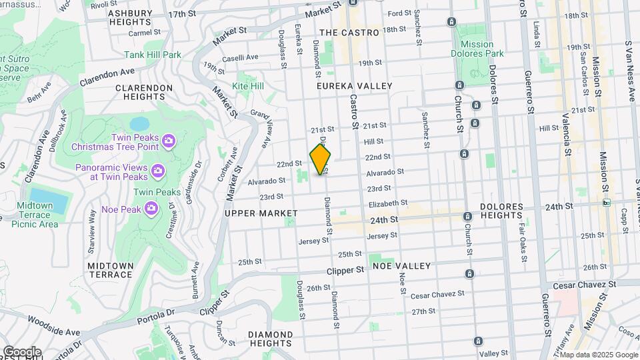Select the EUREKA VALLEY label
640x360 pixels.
(355, 86)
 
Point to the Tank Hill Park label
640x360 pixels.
(153, 55)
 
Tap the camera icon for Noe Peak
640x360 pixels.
(152, 209)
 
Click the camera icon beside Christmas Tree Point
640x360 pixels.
(168, 141)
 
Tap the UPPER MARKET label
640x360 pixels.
(261, 213)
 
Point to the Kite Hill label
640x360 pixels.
(248, 86)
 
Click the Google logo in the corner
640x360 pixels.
(22, 351)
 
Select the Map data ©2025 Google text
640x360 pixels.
(599, 354)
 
